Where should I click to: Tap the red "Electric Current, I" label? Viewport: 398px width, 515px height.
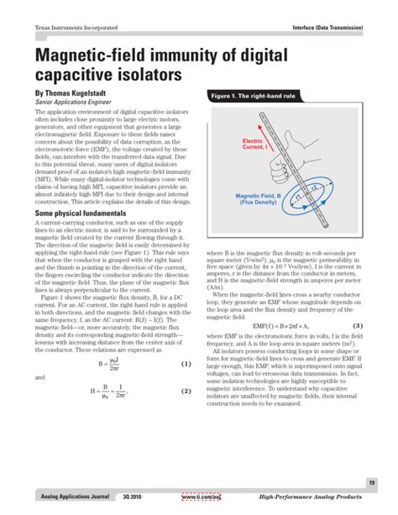click(x=253, y=145)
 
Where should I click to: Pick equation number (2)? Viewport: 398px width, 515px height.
click(x=186, y=391)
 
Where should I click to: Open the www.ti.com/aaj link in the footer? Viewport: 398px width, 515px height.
click(x=202, y=498)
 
